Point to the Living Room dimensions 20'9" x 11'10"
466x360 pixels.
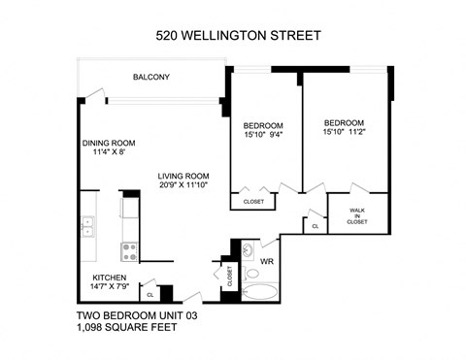(184, 187)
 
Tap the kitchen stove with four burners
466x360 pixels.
(128, 250)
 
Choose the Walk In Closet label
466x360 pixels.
(357, 215)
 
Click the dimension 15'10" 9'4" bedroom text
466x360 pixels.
(263, 136)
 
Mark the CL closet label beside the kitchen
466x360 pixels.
(150, 293)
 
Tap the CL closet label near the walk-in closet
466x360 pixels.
(316, 225)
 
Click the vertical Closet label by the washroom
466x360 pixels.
(230, 276)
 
